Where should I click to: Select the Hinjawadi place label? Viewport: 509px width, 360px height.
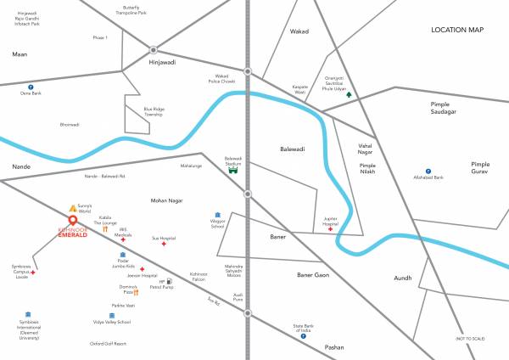point(154,62)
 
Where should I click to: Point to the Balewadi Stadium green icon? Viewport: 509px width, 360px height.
point(233,169)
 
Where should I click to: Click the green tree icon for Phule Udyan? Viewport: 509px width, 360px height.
point(347,95)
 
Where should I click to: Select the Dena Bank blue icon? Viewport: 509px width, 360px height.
point(30,86)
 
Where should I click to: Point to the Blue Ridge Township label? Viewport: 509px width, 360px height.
point(154,111)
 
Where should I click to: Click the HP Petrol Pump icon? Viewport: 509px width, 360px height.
point(171,280)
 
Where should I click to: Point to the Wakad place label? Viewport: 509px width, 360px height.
point(299,31)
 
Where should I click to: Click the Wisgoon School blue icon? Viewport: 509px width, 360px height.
point(217,214)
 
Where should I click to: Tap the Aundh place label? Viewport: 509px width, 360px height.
point(402,278)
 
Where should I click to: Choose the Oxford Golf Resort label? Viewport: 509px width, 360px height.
point(109,344)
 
